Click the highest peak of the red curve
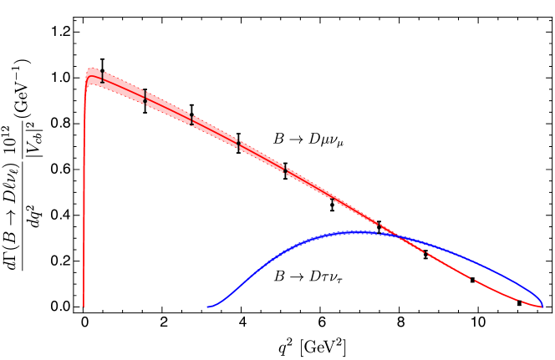[92, 69]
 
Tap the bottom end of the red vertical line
[84, 307]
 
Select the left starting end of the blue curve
[207, 307]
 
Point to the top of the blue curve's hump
[355, 231]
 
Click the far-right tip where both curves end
[542, 307]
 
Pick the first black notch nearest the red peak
[101, 79]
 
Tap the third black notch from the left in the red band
[192, 120]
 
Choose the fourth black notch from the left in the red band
[239, 145]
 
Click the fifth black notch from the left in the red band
[286, 170]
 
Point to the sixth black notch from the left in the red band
[334, 198]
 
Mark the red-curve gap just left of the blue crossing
[380, 226]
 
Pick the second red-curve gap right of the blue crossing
[475, 281]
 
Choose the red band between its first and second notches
[123, 86]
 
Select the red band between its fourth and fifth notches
[262, 157]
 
